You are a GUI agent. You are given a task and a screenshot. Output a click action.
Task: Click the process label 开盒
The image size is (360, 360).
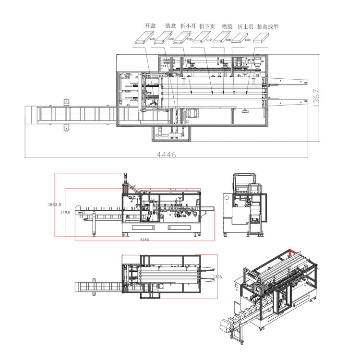pyautogui.click(x=150, y=25)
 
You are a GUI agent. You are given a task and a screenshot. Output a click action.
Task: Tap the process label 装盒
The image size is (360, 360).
pyautogui.click(x=170, y=25)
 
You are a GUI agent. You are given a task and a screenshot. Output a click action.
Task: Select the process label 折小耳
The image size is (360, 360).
pyautogui.click(x=188, y=26)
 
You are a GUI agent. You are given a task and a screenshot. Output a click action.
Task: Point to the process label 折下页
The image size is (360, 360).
pyautogui.click(x=207, y=26)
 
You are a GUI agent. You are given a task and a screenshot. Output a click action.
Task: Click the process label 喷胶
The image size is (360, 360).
pyautogui.click(x=227, y=26)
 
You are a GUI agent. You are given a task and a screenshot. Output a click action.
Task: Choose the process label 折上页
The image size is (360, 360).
pyautogui.click(x=245, y=27)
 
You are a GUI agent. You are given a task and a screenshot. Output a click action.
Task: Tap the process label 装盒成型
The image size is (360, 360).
pyautogui.click(x=267, y=27)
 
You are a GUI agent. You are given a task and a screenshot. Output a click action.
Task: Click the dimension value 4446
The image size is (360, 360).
pyautogui.click(x=167, y=155)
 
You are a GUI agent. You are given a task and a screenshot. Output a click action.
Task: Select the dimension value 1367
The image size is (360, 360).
pyautogui.click(x=316, y=98)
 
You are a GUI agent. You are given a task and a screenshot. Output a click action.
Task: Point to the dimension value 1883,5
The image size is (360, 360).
pyautogui.click(x=55, y=204)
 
